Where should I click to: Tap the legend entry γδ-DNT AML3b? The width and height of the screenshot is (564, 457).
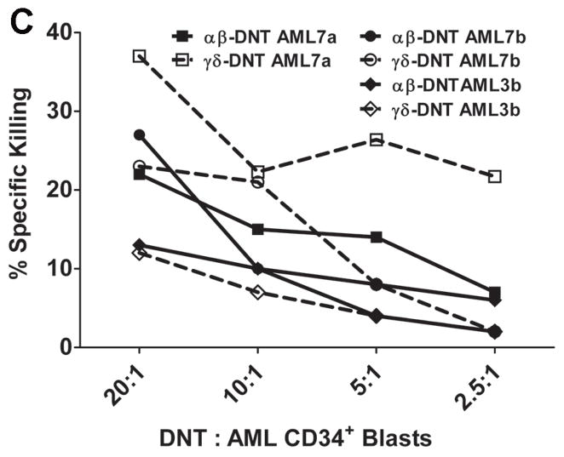point(448,111)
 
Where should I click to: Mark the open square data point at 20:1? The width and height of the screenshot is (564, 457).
point(139,56)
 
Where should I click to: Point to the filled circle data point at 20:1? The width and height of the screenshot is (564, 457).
point(139,134)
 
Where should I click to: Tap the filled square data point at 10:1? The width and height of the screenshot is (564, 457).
point(257,229)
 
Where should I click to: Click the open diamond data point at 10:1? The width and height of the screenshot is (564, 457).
point(257,292)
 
